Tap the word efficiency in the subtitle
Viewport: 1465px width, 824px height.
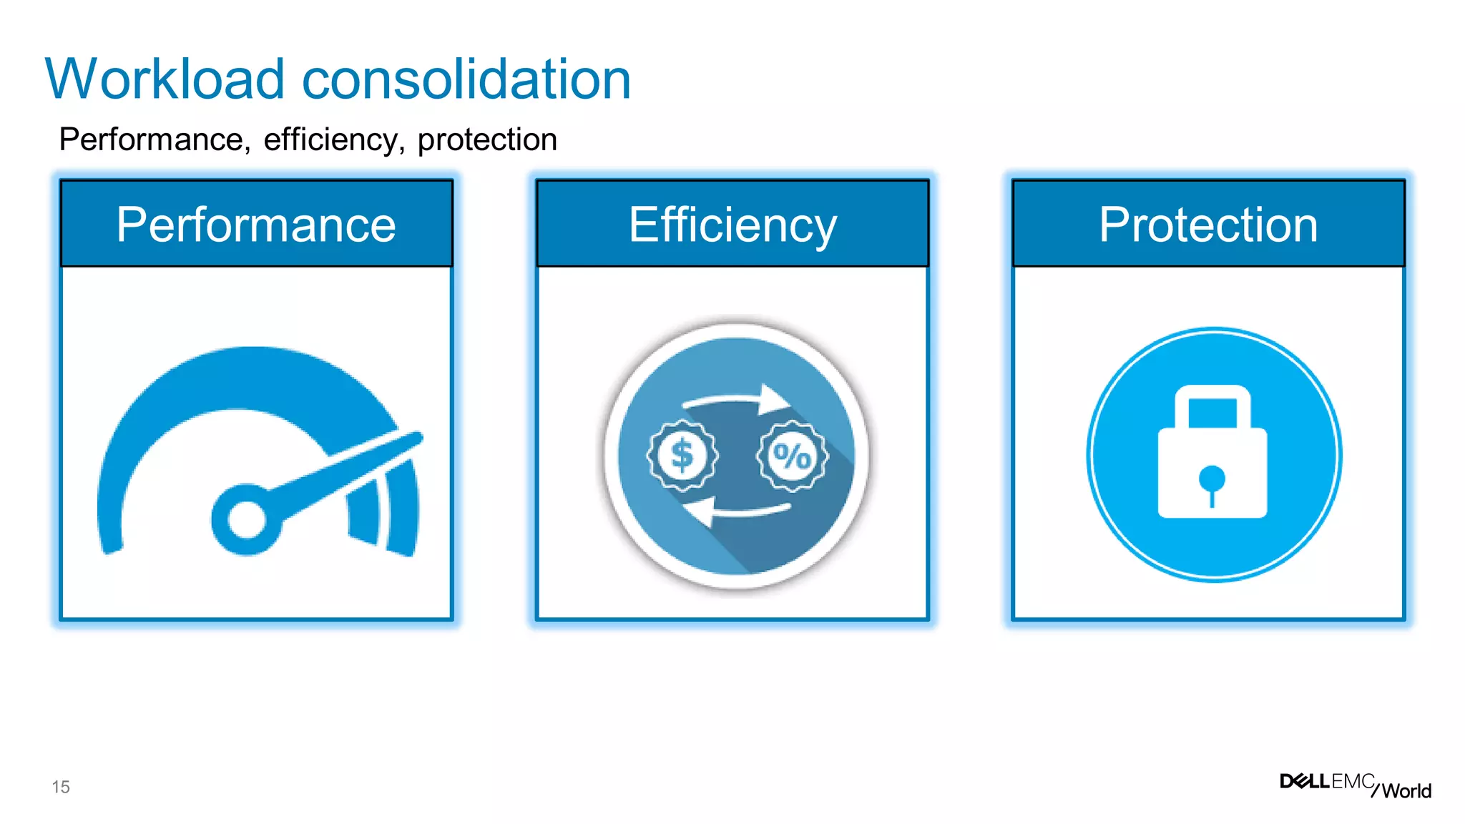pyautogui.click(x=330, y=139)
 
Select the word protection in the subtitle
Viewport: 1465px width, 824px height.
pyautogui.click(x=486, y=140)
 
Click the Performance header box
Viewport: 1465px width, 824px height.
pyautogui.click(x=256, y=224)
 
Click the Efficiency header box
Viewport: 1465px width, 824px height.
pyautogui.click(x=732, y=224)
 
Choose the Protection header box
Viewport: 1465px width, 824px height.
pyautogui.click(x=1208, y=224)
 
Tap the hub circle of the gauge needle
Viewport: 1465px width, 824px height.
pyautogui.click(x=247, y=520)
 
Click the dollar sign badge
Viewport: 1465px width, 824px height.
pyautogui.click(x=682, y=456)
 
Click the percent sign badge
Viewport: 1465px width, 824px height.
pyautogui.click(x=792, y=456)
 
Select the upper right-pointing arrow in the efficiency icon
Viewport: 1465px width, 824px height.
pyautogui.click(x=737, y=401)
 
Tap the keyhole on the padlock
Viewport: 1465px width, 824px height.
pyautogui.click(x=1212, y=482)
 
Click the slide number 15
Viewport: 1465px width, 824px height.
pyautogui.click(x=61, y=787)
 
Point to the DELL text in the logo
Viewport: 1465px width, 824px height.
pyautogui.click(x=1304, y=781)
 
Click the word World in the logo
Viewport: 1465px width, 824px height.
pyautogui.click(x=1406, y=791)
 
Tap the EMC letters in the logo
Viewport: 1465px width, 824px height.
pyautogui.click(x=1353, y=781)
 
